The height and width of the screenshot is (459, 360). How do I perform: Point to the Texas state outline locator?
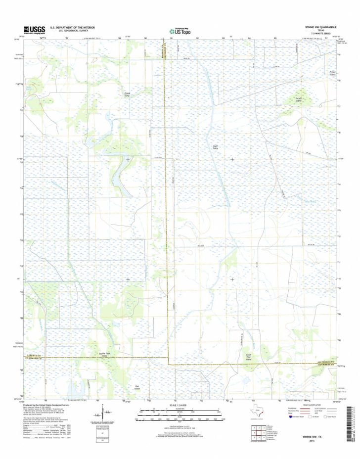[x=258, y=411]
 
